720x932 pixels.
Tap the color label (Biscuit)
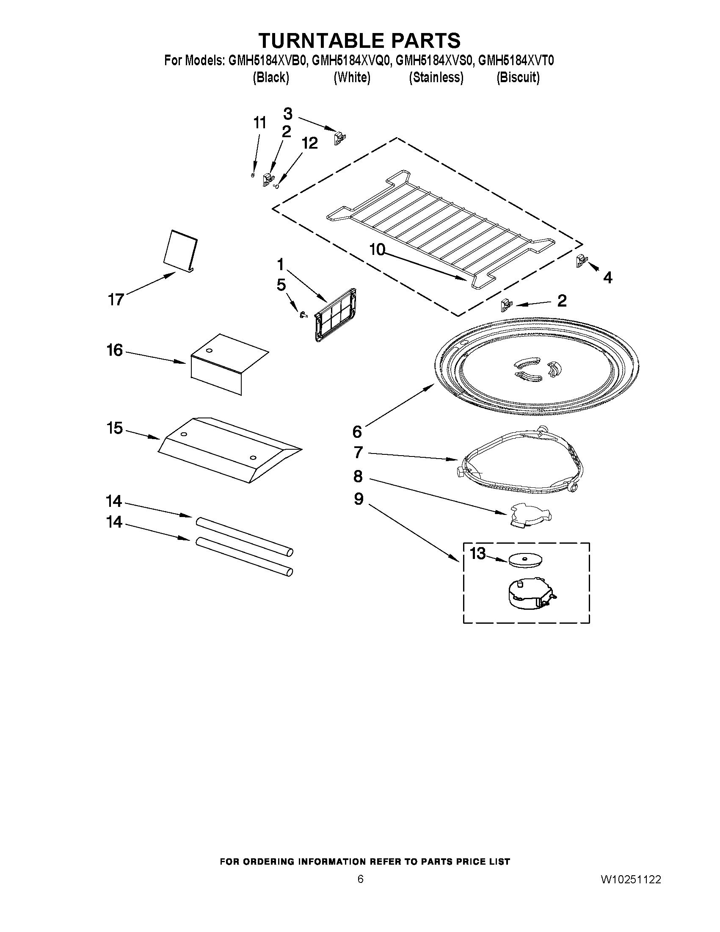518,77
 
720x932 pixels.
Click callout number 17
116,299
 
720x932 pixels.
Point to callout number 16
114,350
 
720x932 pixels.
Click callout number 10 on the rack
377,250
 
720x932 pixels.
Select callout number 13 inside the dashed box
478,553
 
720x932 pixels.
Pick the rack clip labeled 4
581,260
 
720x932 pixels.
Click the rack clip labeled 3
339,138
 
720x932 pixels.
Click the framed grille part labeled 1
336,315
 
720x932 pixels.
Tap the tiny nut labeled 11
254,174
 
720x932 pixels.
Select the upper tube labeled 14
244,536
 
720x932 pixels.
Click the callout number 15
114,428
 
